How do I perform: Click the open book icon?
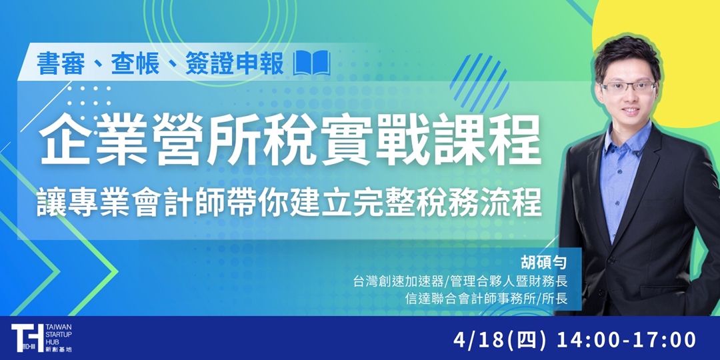point(312,65)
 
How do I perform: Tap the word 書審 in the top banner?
point(59,65)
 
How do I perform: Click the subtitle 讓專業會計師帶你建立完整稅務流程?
point(289,203)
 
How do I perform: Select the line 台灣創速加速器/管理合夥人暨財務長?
point(461,282)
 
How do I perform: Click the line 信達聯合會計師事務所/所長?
point(486,299)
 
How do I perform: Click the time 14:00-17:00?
point(627,339)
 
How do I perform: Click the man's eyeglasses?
point(628,87)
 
